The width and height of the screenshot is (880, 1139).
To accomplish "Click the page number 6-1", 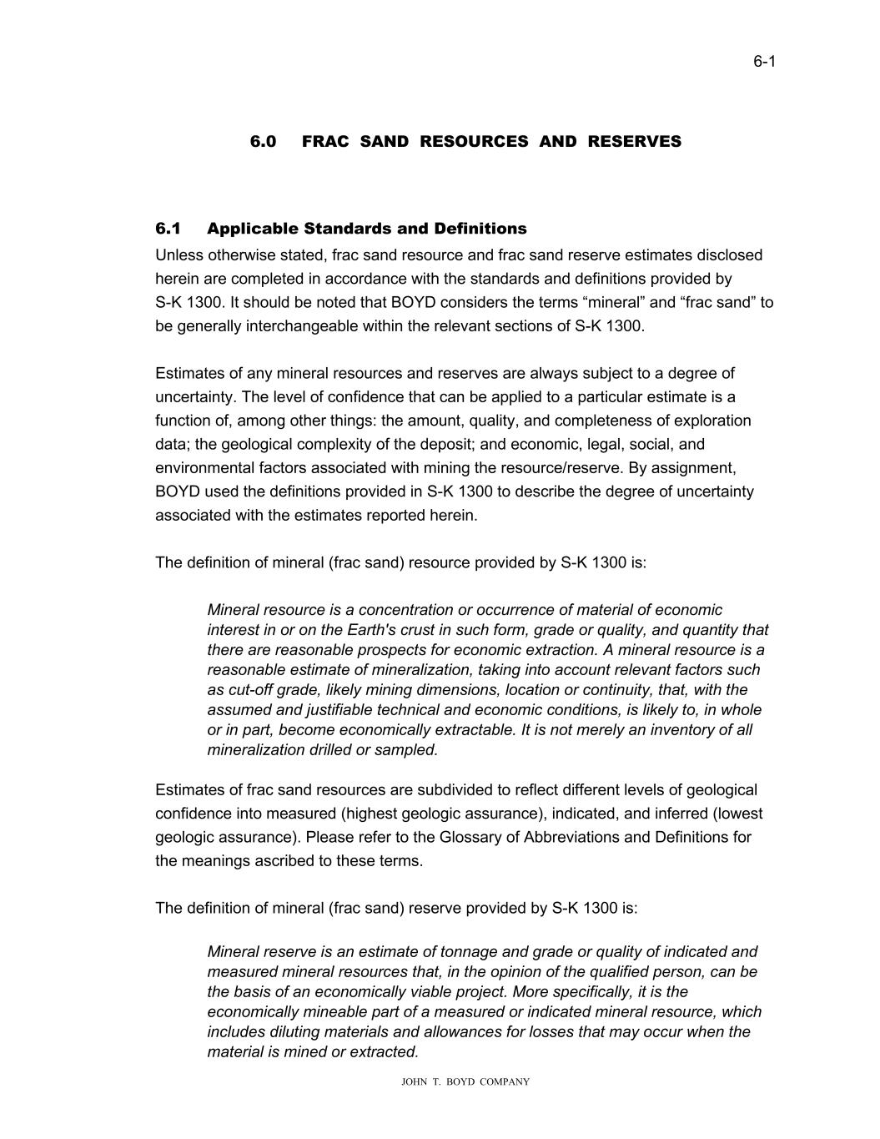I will (x=764, y=61).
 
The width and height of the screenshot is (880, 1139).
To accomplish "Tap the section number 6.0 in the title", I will (x=263, y=142).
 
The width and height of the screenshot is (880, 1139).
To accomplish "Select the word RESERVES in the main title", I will (x=634, y=142).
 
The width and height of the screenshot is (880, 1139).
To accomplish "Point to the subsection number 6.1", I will (x=168, y=229).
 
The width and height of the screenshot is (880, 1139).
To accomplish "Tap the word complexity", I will (x=351, y=445).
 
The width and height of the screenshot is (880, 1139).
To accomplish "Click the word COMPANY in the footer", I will (x=504, y=1082).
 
